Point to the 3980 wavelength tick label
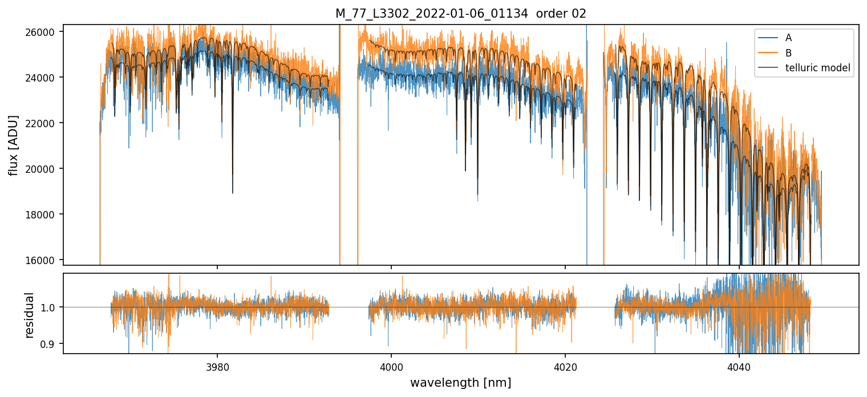point(217,366)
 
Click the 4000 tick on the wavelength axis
point(391,366)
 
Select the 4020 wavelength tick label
point(565,366)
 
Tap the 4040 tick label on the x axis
point(739,366)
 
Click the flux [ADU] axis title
point(13,145)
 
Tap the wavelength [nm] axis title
point(460,383)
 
